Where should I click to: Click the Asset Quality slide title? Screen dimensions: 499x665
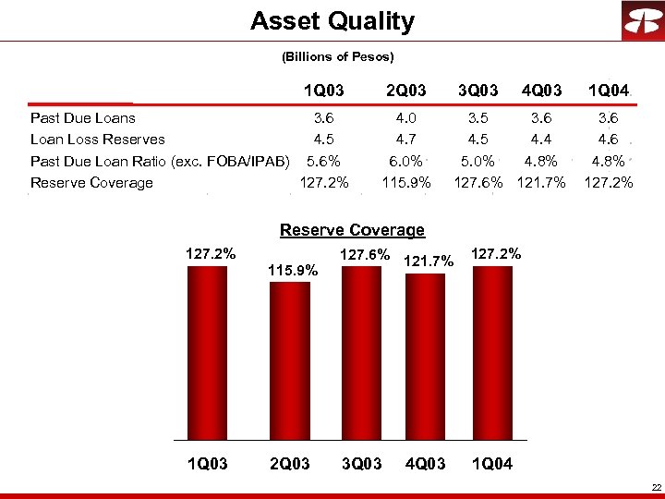(x=332, y=21)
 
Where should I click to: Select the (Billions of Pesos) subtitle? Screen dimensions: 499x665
(x=337, y=57)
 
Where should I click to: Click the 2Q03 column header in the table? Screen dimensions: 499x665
(x=406, y=91)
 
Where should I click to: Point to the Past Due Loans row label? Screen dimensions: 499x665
(x=83, y=118)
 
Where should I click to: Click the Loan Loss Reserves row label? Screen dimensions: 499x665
(x=98, y=140)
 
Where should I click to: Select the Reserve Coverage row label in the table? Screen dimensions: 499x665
(x=91, y=183)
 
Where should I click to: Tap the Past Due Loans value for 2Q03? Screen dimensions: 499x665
(x=406, y=118)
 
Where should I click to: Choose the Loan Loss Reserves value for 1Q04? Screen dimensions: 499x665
(x=609, y=140)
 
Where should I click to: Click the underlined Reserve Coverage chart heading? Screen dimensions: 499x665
(x=352, y=230)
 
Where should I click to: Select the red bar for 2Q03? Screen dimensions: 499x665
(x=289, y=360)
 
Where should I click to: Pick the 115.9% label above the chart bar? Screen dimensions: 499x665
(x=293, y=271)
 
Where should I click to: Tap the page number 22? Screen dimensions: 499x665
(x=656, y=487)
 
